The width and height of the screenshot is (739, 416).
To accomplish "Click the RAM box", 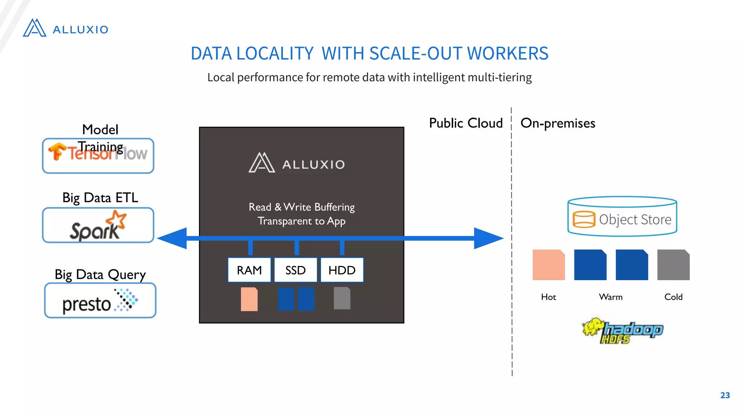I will pyautogui.click(x=249, y=270).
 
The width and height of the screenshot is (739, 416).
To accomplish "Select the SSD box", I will pyautogui.click(x=296, y=270).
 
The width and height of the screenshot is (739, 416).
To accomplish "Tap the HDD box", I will pyautogui.click(x=342, y=270).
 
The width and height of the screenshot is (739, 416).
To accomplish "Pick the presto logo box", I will pyautogui.click(x=100, y=301).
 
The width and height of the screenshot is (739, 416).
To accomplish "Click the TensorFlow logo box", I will pyautogui.click(x=98, y=156).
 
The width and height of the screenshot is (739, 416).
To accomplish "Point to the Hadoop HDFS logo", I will pyautogui.click(x=623, y=330).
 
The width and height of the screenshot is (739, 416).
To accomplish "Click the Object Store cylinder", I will pyautogui.click(x=622, y=217).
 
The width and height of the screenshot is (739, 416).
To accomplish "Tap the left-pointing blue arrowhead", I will pyautogui.click(x=172, y=238).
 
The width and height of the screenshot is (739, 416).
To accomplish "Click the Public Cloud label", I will pyautogui.click(x=465, y=123).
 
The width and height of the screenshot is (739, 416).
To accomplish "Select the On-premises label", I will pyautogui.click(x=557, y=123).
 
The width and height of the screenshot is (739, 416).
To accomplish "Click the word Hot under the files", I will pyautogui.click(x=548, y=297).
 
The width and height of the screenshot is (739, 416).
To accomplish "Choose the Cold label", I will pyautogui.click(x=673, y=297).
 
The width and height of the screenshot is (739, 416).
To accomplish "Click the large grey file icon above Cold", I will pyautogui.click(x=673, y=265).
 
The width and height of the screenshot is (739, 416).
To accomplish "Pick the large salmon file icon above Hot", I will pyautogui.click(x=548, y=265).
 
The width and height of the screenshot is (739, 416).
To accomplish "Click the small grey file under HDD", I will pyautogui.click(x=342, y=298).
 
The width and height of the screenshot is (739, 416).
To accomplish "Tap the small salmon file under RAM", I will pyautogui.click(x=249, y=299).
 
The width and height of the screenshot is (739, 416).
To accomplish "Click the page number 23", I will pyautogui.click(x=725, y=395).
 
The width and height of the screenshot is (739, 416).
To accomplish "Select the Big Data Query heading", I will pyautogui.click(x=100, y=274).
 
